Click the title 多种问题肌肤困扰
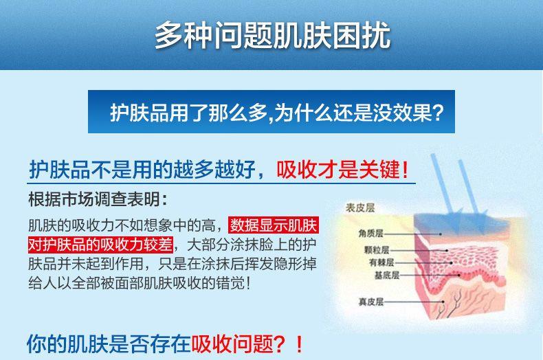pyautogui.click(x=273, y=35)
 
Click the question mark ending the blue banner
pyautogui.click(x=438, y=112)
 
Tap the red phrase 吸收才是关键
pyautogui.click(x=338, y=170)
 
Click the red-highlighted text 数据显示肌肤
pyautogui.click(x=274, y=225)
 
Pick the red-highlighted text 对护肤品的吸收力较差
pyautogui.click(x=101, y=245)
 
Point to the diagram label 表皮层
pyautogui.click(x=360, y=207)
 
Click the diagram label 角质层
pyautogui.click(x=371, y=234)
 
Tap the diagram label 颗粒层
pyautogui.click(x=377, y=249)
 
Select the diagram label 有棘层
pyautogui.click(x=381, y=262)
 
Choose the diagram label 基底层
pyautogui.click(x=387, y=275)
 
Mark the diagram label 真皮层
pyautogui.click(x=371, y=302)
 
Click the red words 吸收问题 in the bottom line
pyautogui.click(x=232, y=344)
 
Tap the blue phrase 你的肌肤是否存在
pyautogui.click(x=109, y=344)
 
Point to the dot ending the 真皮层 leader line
pyautogui.click(x=443, y=302)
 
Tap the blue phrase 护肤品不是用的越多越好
pyautogui.click(x=142, y=170)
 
